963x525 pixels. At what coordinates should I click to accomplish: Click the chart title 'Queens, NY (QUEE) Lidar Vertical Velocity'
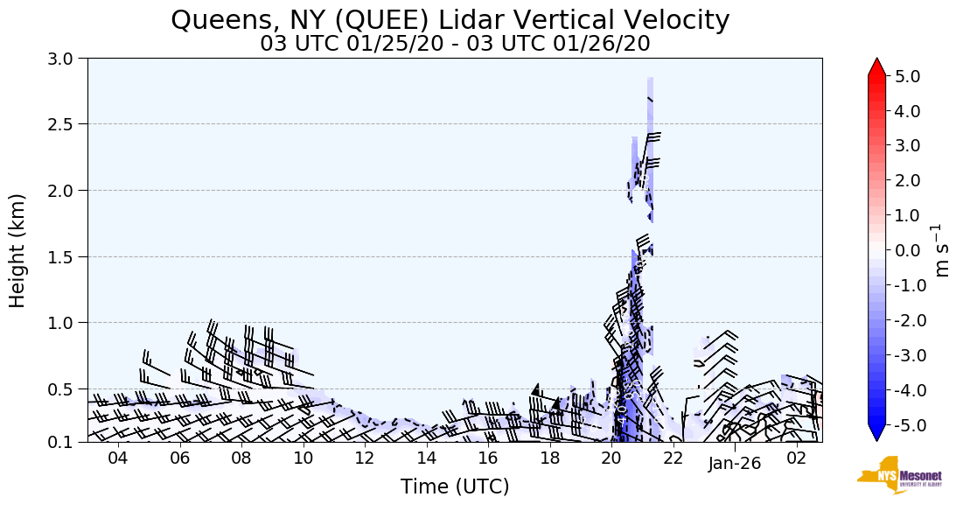tap(450, 19)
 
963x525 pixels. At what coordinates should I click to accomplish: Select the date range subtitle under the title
tap(455, 43)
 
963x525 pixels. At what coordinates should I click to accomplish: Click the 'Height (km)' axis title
tap(17, 250)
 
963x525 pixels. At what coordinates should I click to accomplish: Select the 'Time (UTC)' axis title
tap(455, 486)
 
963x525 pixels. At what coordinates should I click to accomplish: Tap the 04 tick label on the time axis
tap(118, 458)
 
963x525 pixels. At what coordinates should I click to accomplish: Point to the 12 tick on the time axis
tap(365, 458)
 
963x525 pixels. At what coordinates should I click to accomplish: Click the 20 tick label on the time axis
tap(611, 458)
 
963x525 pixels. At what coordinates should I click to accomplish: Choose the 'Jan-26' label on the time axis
tap(735, 463)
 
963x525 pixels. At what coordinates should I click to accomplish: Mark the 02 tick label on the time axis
tap(797, 458)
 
